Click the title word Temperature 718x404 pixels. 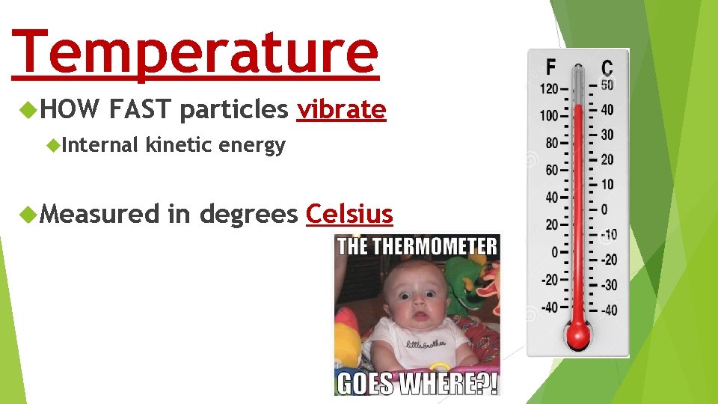pos(196,51)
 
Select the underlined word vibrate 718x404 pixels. pos(341,110)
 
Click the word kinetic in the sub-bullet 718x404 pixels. pos(179,144)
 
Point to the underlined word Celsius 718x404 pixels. pos(349,214)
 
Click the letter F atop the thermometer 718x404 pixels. pos(550,67)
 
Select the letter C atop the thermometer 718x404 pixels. pos(607,67)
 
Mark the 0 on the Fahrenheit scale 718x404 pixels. pos(554,252)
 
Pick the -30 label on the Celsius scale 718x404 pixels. pos(609,285)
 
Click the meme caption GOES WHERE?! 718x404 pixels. pos(417,382)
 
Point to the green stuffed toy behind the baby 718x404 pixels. pos(468,288)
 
